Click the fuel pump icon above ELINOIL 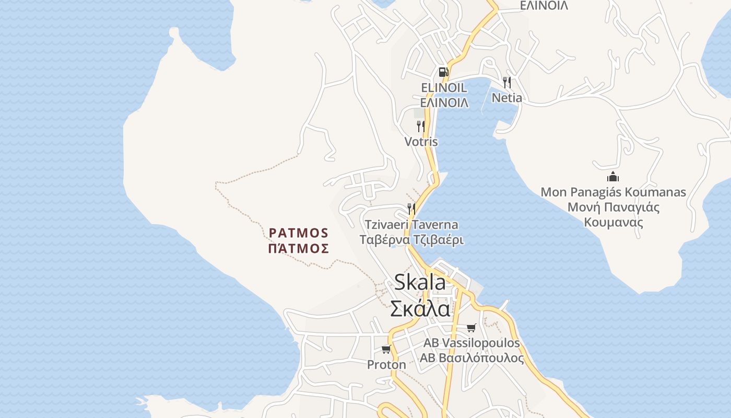tap(443, 72)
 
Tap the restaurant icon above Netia tap(506, 82)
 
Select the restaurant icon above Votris tap(420, 126)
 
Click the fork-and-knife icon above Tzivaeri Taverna tap(411, 209)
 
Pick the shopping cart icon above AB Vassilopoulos tap(471, 328)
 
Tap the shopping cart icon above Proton tap(386, 349)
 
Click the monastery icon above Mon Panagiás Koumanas tap(613, 177)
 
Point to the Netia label tap(506, 98)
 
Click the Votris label tap(421, 142)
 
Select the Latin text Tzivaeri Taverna tap(411, 225)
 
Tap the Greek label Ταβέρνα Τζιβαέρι tap(411, 240)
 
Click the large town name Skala tap(420, 282)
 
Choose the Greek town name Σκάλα tap(420, 308)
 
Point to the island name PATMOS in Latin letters tap(299, 233)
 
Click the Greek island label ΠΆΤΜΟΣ tap(299, 248)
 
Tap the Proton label tap(386, 365)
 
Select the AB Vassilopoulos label tap(471, 343)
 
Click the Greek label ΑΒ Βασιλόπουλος tap(471, 358)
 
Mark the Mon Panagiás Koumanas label tap(613, 192)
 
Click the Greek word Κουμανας tap(613, 223)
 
